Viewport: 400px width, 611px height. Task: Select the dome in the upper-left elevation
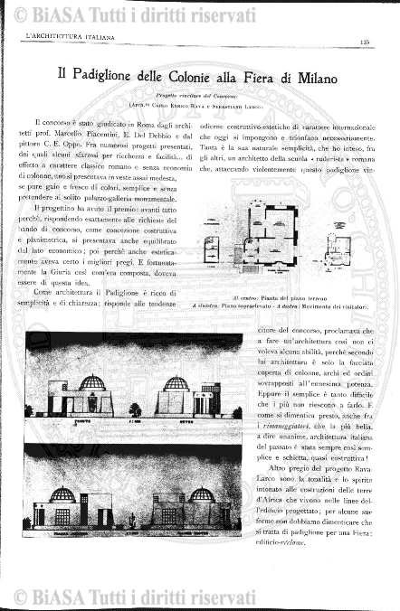pos(92,383)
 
